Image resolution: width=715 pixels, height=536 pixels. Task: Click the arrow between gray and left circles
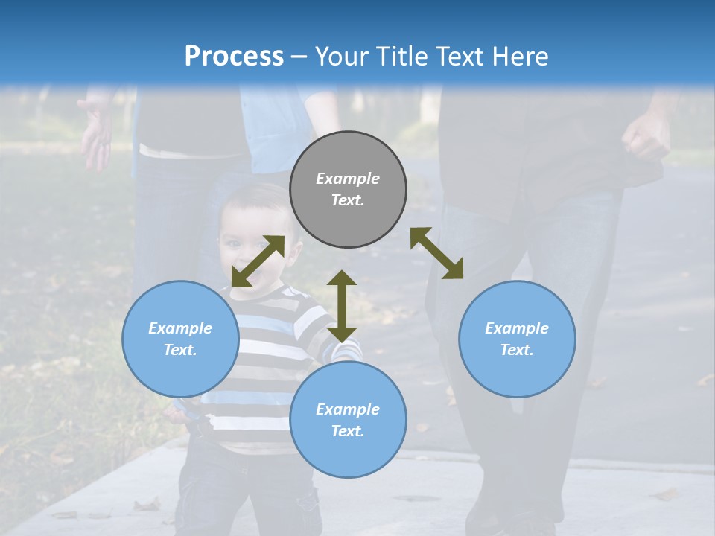[258, 261]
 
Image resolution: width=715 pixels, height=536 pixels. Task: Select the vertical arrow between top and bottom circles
[342, 306]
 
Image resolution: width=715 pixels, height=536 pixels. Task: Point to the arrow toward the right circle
[436, 253]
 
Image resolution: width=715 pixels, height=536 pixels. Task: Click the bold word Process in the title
[234, 56]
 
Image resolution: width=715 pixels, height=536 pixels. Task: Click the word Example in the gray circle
[348, 179]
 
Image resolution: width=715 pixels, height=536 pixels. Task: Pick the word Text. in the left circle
[180, 350]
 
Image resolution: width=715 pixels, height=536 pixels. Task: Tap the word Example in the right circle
[517, 328]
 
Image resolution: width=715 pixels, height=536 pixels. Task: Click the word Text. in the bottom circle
[348, 431]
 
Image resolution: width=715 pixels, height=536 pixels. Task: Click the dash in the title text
[299, 56]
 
